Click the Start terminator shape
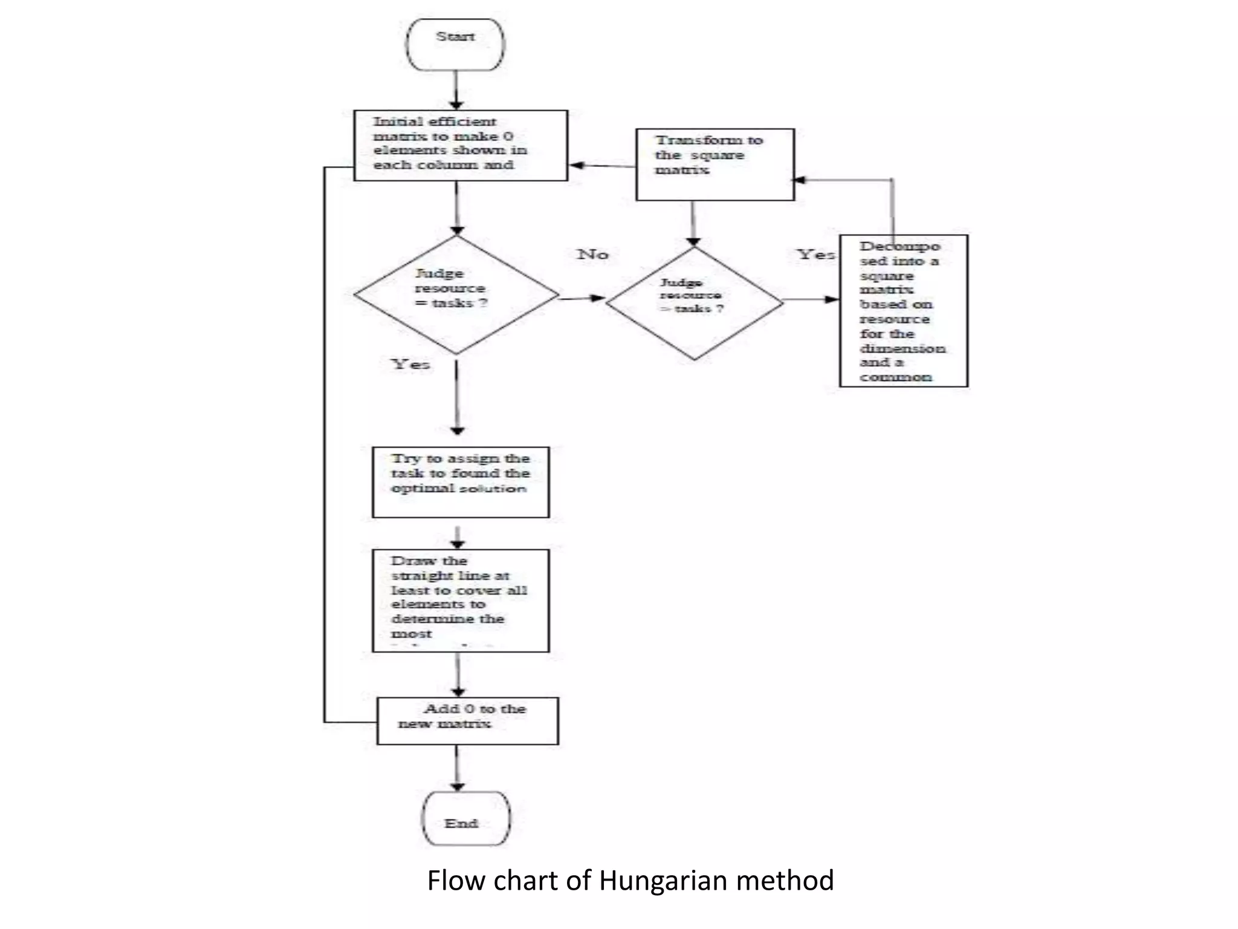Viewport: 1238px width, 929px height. tap(456, 44)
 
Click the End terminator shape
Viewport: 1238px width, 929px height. tap(465, 818)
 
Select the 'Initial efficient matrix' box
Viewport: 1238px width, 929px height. tap(460, 145)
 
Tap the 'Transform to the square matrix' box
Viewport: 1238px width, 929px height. tap(715, 164)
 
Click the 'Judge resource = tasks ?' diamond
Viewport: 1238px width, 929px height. tap(456, 295)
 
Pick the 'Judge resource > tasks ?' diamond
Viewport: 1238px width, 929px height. tap(694, 302)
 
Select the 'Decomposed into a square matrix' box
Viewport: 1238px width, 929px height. tap(903, 311)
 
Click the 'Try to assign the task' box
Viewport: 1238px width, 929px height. tap(461, 482)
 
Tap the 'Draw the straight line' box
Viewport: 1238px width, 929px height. tap(461, 600)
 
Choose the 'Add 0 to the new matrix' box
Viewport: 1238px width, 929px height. tap(467, 721)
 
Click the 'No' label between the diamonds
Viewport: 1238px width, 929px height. tap(592, 255)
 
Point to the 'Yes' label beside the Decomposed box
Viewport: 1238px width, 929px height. tap(815, 255)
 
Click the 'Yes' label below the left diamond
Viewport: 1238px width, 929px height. tap(411, 364)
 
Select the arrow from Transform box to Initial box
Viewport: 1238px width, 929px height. tap(601, 165)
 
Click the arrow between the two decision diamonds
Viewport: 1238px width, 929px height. tap(582, 298)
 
